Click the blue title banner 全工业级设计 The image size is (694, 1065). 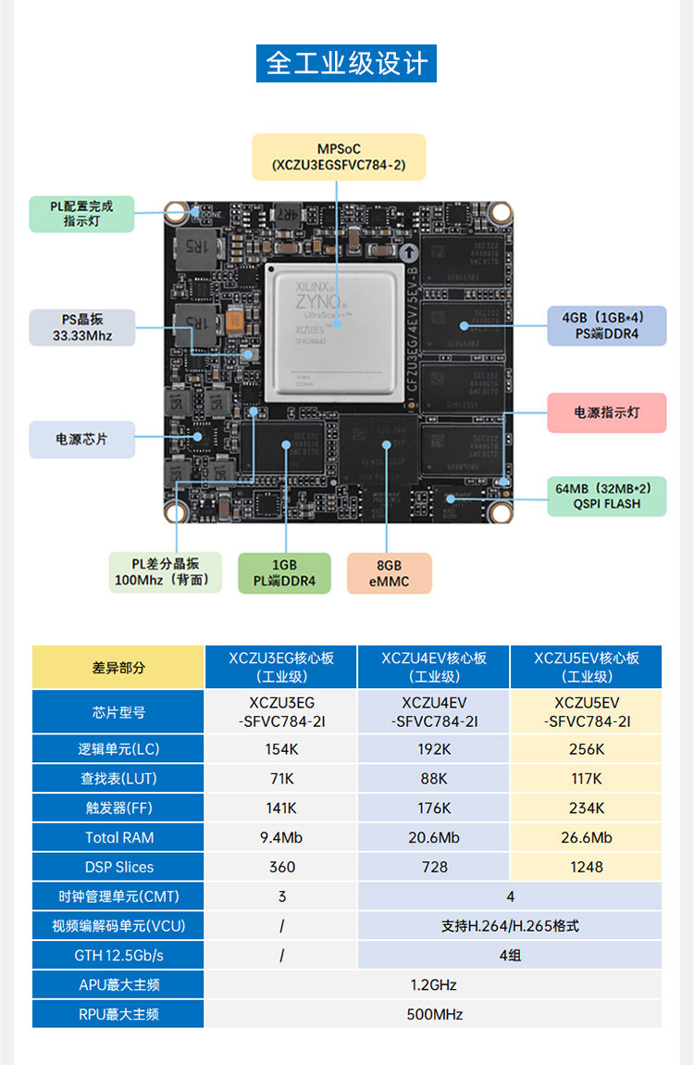coord(346,62)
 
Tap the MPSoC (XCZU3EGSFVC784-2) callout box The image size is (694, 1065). coord(339,157)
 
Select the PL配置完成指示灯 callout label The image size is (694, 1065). coord(81,213)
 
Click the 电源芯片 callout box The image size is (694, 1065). coord(81,439)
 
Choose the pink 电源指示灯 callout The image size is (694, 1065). coord(606,412)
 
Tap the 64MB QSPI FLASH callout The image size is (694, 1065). coord(606,495)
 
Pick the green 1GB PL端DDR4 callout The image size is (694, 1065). coord(284,573)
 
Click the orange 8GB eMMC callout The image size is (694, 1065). coord(389,573)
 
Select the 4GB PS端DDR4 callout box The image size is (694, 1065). coord(606,325)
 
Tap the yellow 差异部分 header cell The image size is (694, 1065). coord(118,667)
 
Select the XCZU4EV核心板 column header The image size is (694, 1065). coord(434,667)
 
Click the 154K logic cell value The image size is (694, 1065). coord(281,749)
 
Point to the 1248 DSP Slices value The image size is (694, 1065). coord(587,867)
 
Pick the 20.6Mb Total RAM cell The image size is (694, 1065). coord(434,837)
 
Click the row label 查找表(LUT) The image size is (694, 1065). coord(118,779)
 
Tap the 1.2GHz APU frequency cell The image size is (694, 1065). coord(433,984)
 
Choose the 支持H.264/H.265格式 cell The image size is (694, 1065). coord(510,925)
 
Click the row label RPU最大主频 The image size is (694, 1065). coord(118,1014)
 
